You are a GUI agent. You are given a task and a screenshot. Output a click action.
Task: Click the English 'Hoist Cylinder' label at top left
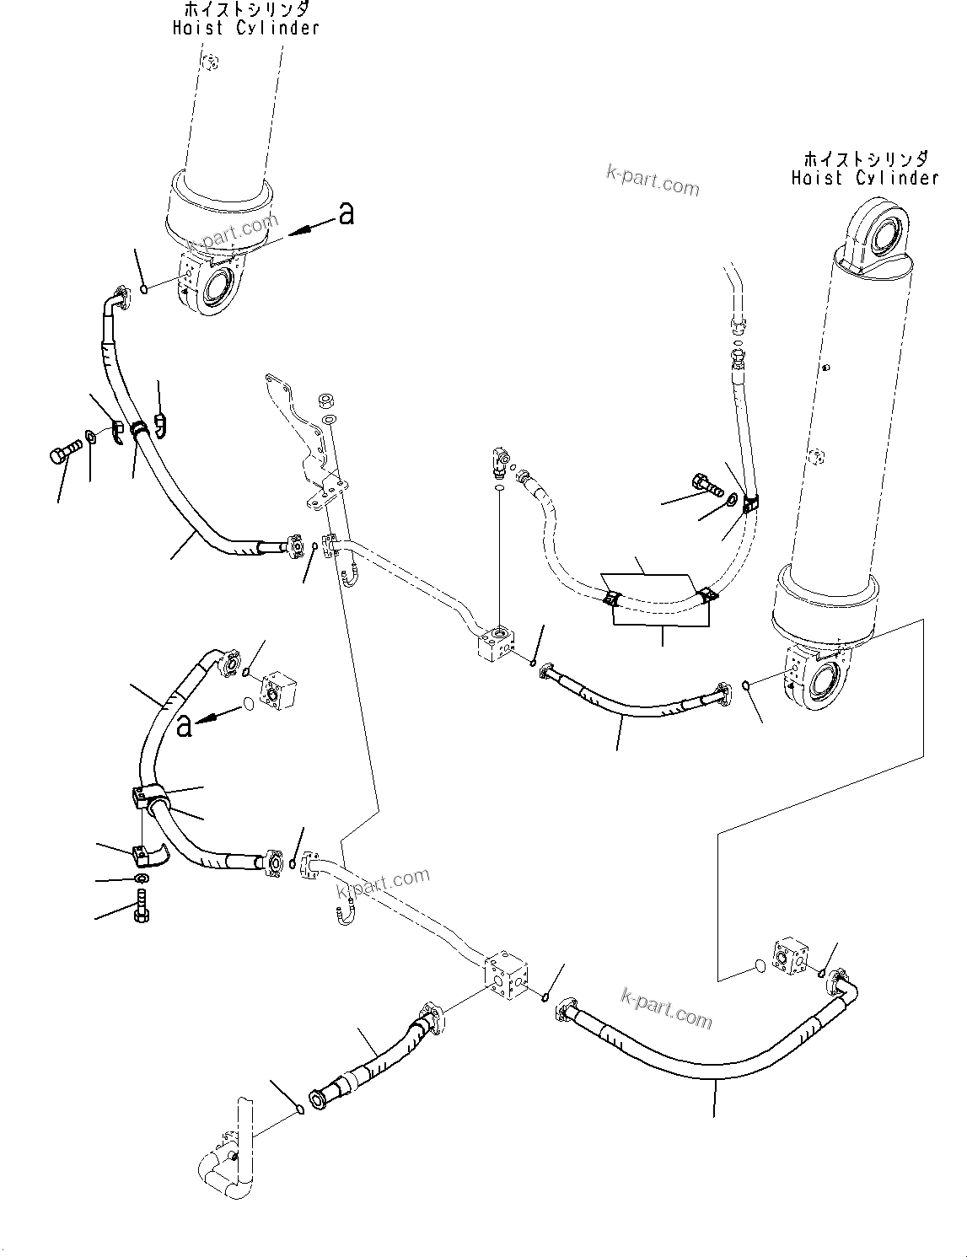[x=245, y=28]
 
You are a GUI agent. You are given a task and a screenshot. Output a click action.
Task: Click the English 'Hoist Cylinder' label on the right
[x=864, y=178]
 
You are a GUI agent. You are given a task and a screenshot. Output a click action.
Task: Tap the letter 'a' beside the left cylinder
[x=346, y=214]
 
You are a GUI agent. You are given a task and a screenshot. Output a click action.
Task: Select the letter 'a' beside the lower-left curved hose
[x=184, y=724]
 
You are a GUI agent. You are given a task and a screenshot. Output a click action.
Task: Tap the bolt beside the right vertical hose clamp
[x=706, y=485]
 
